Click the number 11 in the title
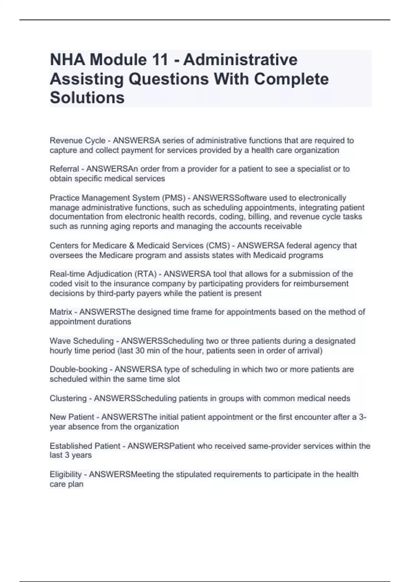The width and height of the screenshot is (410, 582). pos(159,60)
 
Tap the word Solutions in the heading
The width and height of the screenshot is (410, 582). pos(87,98)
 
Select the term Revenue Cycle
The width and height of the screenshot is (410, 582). pos(77,141)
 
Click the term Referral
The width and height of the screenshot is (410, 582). pos(64,169)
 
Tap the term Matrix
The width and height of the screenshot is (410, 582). pos(61,312)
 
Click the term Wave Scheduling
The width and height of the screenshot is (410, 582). pos(81,341)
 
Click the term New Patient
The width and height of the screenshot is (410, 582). pos(72,417)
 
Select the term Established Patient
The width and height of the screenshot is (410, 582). pos(85,446)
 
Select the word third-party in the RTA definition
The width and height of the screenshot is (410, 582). pos(117,293)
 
